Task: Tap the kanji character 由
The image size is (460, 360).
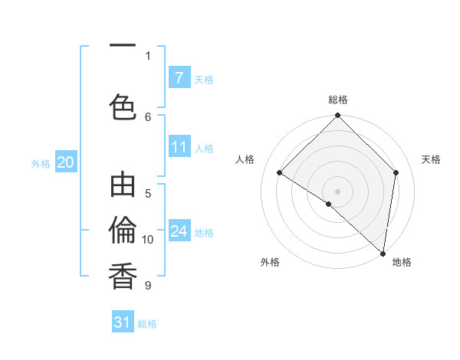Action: (x=123, y=188)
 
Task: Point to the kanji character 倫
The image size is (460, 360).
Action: (x=123, y=231)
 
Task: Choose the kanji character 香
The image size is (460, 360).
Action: (x=123, y=275)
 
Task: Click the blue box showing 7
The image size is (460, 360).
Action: (x=179, y=78)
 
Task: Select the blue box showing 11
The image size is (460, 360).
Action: (x=179, y=147)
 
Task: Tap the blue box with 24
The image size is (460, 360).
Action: (x=179, y=231)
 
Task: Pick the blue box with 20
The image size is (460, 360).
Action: (x=65, y=162)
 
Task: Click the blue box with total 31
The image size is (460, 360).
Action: (x=123, y=322)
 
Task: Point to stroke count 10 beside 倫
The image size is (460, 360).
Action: (x=148, y=240)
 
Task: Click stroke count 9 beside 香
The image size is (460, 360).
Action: (x=148, y=286)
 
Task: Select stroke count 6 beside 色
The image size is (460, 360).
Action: (x=148, y=116)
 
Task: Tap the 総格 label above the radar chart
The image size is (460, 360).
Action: (x=337, y=100)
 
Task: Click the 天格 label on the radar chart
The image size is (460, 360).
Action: (x=432, y=159)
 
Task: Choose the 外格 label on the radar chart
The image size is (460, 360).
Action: (x=270, y=262)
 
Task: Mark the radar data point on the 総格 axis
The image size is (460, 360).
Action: (x=337, y=116)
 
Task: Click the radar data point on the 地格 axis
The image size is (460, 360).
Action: (x=383, y=253)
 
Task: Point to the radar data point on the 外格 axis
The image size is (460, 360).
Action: (x=328, y=204)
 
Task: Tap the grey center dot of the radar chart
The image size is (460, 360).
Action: (x=337, y=191)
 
